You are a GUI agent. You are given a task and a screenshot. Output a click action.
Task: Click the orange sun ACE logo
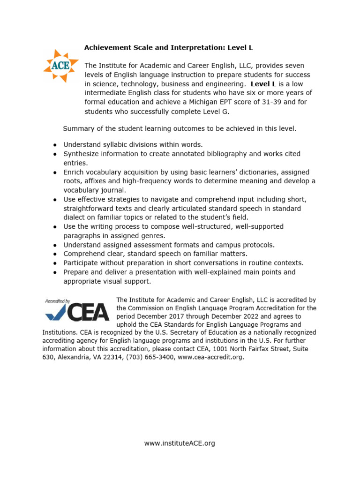click(60, 66)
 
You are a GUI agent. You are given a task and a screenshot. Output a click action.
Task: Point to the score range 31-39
click(250, 102)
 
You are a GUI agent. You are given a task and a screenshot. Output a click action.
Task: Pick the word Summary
click(79, 128)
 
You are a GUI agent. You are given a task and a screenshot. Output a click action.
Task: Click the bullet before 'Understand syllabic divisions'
click(55, 145)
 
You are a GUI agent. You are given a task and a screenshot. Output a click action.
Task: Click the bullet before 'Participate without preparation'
click(55, 263)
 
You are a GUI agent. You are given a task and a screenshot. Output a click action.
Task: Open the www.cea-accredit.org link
click(213, 357)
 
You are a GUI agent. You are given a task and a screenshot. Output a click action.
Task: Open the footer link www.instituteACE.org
click(180, 443)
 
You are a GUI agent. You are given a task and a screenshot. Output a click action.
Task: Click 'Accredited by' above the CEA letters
click(58, 301)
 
